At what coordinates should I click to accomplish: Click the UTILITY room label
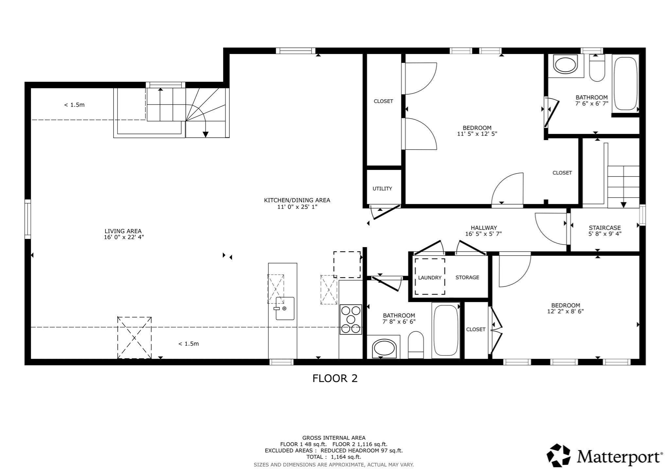tap(382, 189)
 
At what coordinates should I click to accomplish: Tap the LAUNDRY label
tap(430, 278)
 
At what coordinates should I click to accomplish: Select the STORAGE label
tap(467, 277)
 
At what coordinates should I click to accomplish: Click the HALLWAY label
tap(484, 228)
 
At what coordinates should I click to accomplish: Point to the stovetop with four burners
tap(351, 319)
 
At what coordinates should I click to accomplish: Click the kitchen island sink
tap(285, 308)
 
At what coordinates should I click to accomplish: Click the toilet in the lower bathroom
tap(416, 345)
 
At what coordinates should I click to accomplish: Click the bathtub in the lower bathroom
tap(446, 330)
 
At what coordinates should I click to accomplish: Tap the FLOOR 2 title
tap(335, 378)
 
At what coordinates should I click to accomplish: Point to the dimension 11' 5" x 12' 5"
tap(477, 134)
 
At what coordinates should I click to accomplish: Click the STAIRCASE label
tap(605, 228)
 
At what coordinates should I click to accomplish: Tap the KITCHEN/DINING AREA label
tap(297, 200)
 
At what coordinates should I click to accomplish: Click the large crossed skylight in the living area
tap(134, 337)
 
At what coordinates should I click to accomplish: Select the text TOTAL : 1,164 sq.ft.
tap(334, 457)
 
